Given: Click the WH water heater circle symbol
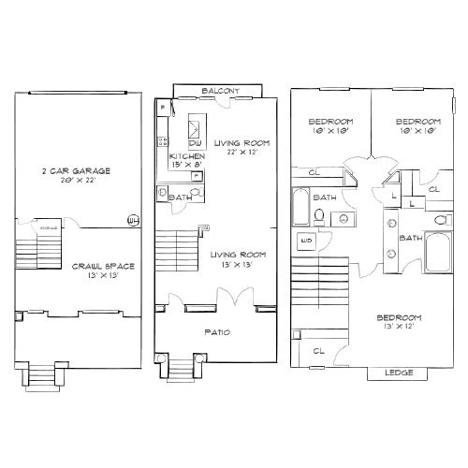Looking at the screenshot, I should coord(133,221).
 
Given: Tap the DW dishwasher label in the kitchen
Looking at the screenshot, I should coord(196,142).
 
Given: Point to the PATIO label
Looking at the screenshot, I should coord(217,331).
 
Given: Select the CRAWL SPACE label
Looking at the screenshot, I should coord(103,266).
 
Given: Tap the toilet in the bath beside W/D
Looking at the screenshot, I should coord(319,217).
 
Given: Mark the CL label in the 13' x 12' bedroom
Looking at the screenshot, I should coord(317,351).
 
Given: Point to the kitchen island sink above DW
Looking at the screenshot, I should coord(197,124).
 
